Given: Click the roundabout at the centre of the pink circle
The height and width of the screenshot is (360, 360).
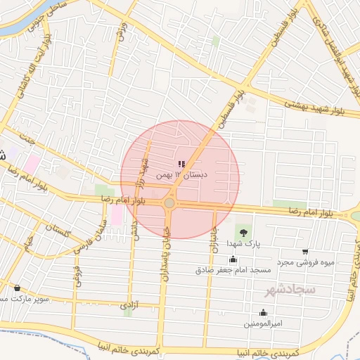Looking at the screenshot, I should [169, 204].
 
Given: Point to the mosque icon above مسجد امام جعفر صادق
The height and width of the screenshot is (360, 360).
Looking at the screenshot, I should [233, 259].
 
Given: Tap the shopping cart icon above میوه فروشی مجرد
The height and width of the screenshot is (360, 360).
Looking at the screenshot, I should [304, 252].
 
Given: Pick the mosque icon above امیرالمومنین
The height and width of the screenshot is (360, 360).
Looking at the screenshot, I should [264, 313].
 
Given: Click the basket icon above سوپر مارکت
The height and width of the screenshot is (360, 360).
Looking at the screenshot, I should [17, 288].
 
